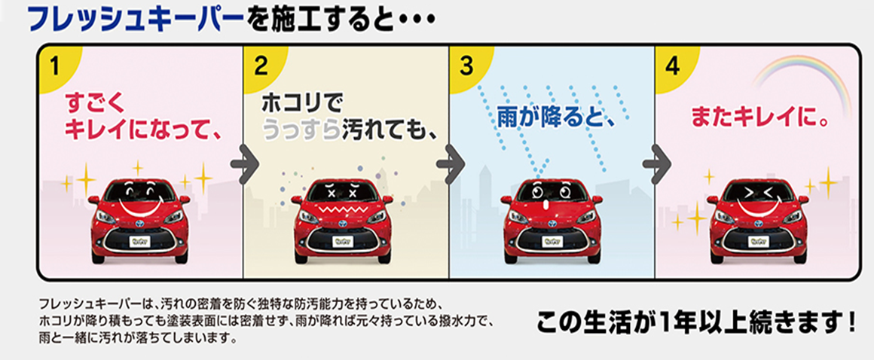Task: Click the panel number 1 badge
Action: tap(56, 65)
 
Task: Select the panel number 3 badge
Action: tap(468, 65)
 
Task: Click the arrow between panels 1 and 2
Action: tap(246, 163)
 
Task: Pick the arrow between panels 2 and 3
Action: tap(451, 163)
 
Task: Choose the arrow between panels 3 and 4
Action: tap(657, 163)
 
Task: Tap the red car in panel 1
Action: tap(139, 221)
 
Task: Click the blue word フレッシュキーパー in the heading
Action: tap(136, 19)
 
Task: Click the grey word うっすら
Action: tap(301, 132)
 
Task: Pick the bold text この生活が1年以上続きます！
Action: tap(695, 324)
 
